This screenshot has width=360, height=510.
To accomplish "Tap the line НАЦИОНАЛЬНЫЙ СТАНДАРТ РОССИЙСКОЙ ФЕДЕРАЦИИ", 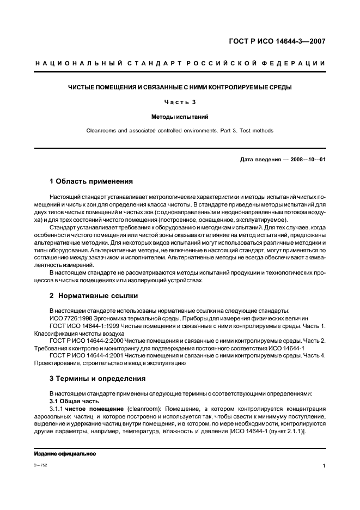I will tap(180, 64).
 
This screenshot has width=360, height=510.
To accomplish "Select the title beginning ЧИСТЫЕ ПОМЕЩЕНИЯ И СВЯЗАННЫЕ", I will tap(180, 87).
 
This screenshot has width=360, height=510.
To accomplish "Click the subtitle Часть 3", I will tap(180, 102).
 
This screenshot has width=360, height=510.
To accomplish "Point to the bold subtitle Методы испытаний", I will tap(180, 117).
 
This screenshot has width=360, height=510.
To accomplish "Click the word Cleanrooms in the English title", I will tap(101, 131).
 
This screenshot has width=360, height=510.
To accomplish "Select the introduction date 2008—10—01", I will tap(307, 160).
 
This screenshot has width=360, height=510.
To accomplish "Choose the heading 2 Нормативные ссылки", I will tap(94, 296).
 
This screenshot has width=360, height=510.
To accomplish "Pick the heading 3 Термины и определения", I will tap(97, 378).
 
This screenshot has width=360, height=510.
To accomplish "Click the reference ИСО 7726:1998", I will tap(69, 317).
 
